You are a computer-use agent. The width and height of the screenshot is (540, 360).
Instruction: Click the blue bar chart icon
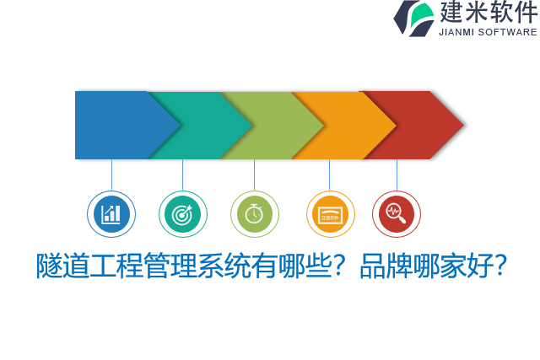[x=111, y=214]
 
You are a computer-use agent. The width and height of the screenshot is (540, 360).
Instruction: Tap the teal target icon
[x=182, y=214]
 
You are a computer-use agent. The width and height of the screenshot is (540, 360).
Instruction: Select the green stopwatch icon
[x=254, y=214]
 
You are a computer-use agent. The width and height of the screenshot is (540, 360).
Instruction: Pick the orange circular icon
[x=330, y=214]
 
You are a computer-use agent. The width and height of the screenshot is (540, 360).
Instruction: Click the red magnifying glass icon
[x=396, y=214]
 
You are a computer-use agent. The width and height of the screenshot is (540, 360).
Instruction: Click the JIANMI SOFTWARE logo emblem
[x=414, y=19]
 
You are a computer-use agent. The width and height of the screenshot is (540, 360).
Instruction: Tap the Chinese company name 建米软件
[x=488, y=13]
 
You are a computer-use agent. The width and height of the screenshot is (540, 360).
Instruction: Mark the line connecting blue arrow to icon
[x=111, y=175]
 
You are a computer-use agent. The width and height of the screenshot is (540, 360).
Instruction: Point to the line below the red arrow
[x=397, y=175]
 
